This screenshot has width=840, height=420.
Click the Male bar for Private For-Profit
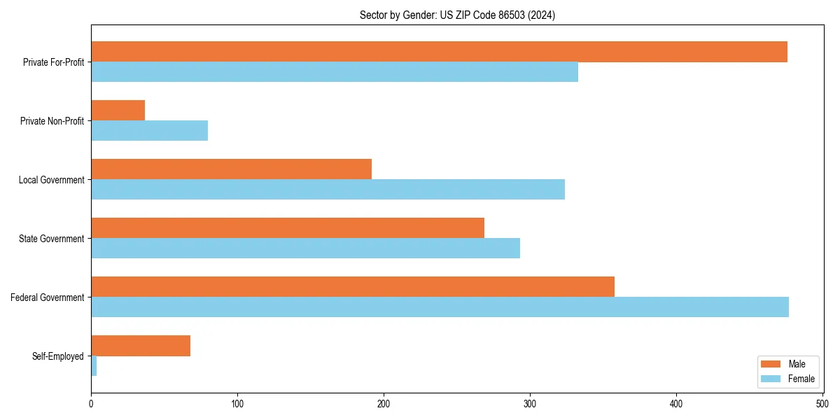(x=439, y=52)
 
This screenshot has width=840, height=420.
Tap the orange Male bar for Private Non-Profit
(x=118, y=111)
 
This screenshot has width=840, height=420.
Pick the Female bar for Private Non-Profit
(x=149, y=131)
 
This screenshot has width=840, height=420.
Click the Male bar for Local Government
(x=231, y=169)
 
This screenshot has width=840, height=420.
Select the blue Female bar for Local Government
(x=328, y=190)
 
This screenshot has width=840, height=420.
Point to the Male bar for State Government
(x=287, y=228)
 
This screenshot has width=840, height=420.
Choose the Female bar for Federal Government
(x=440, y=307)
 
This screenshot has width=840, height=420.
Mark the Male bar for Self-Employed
(x=140, y=346)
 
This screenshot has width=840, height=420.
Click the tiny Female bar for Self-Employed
(x=94, y=366)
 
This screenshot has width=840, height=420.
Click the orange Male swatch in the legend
(x=771, y=364)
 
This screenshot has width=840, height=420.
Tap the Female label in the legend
(x=801, y=379)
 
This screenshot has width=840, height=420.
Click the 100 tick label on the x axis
(x=237, y=404)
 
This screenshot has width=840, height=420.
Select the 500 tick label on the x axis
(x=822, y=404)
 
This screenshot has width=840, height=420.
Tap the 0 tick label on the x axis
(x=91, y=404)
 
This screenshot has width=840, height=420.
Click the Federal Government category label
(x=47, y=297)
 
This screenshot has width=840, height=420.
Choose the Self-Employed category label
(x=57, y=356)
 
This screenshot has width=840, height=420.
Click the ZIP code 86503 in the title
(x=507, y=15)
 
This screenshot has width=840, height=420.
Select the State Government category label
(x=51, y=239)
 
